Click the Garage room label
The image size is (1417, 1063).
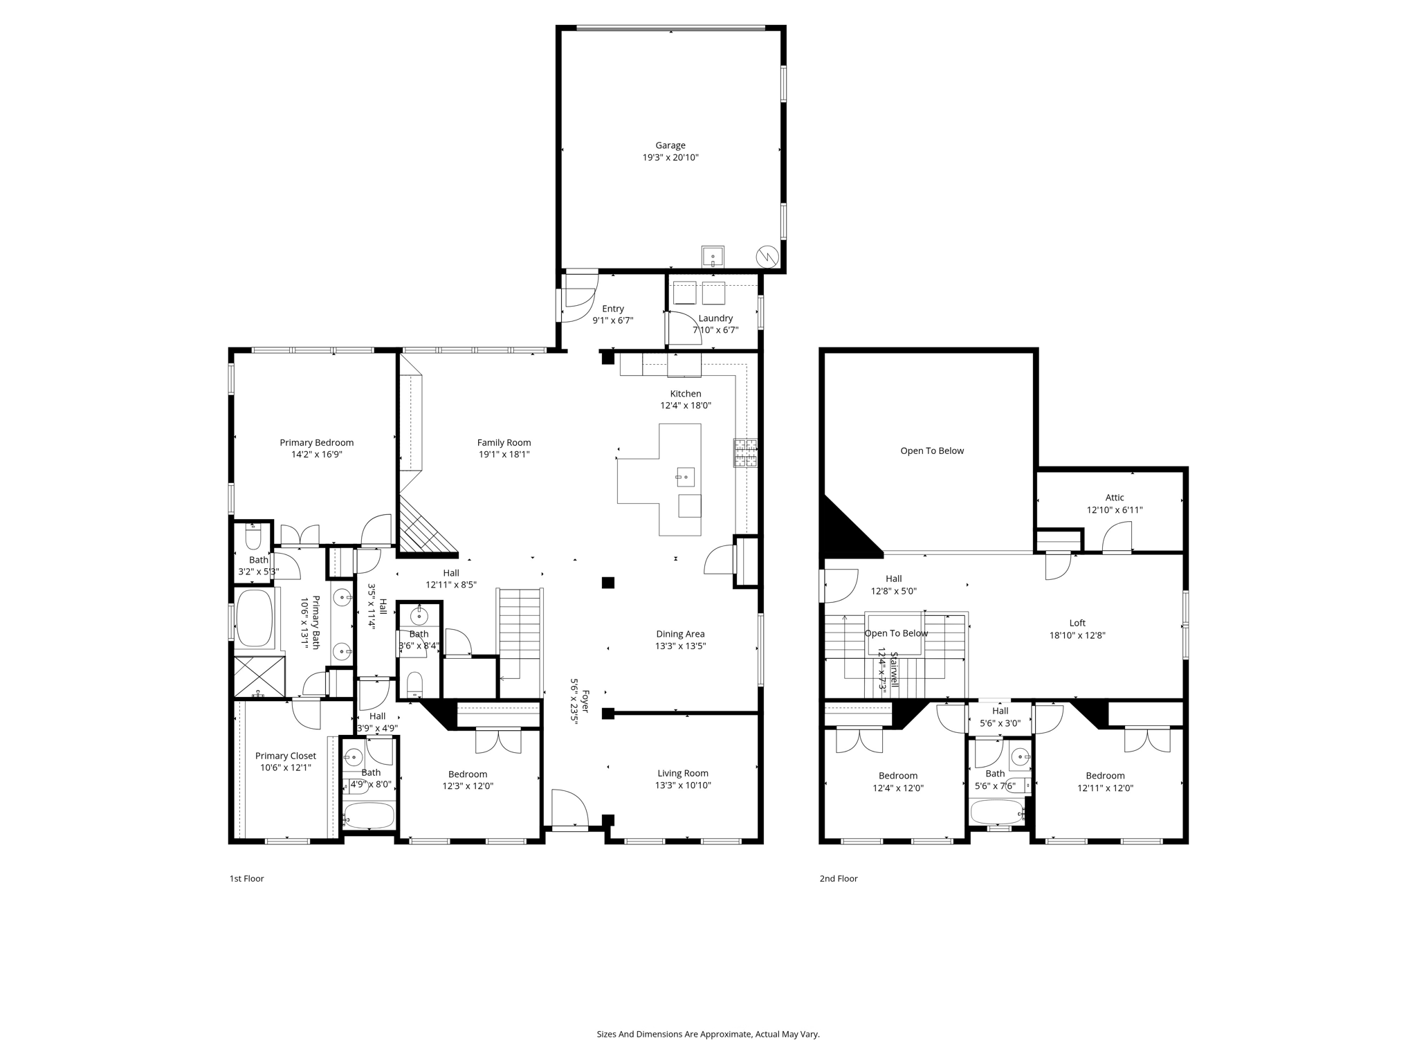click(670, 145)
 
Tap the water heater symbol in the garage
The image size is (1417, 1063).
click(768, 257)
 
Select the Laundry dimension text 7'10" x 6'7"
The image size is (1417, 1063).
click(715, 330)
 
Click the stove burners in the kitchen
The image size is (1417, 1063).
click(745, 453)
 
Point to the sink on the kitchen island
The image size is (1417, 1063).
click(685, 477)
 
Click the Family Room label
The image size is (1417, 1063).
click(504, 443)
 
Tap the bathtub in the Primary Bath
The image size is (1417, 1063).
click(255, 618)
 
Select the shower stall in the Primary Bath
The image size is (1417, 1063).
click(259, 676)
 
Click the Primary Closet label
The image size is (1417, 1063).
click(285, 756)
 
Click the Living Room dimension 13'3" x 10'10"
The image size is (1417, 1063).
click(682, 785)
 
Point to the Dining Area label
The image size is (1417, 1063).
click(680, 634)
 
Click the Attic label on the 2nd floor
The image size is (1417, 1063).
click(1114, 498)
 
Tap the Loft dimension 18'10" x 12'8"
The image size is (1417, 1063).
click(1077, 635)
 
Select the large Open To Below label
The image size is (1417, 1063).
click(931, 451)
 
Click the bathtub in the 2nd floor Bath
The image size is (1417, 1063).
click(996, 812)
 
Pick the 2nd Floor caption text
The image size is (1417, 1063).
click(838, 878)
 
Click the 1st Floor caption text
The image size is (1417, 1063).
click(246, 878)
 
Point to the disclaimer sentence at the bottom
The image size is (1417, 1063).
click(708, 1034)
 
